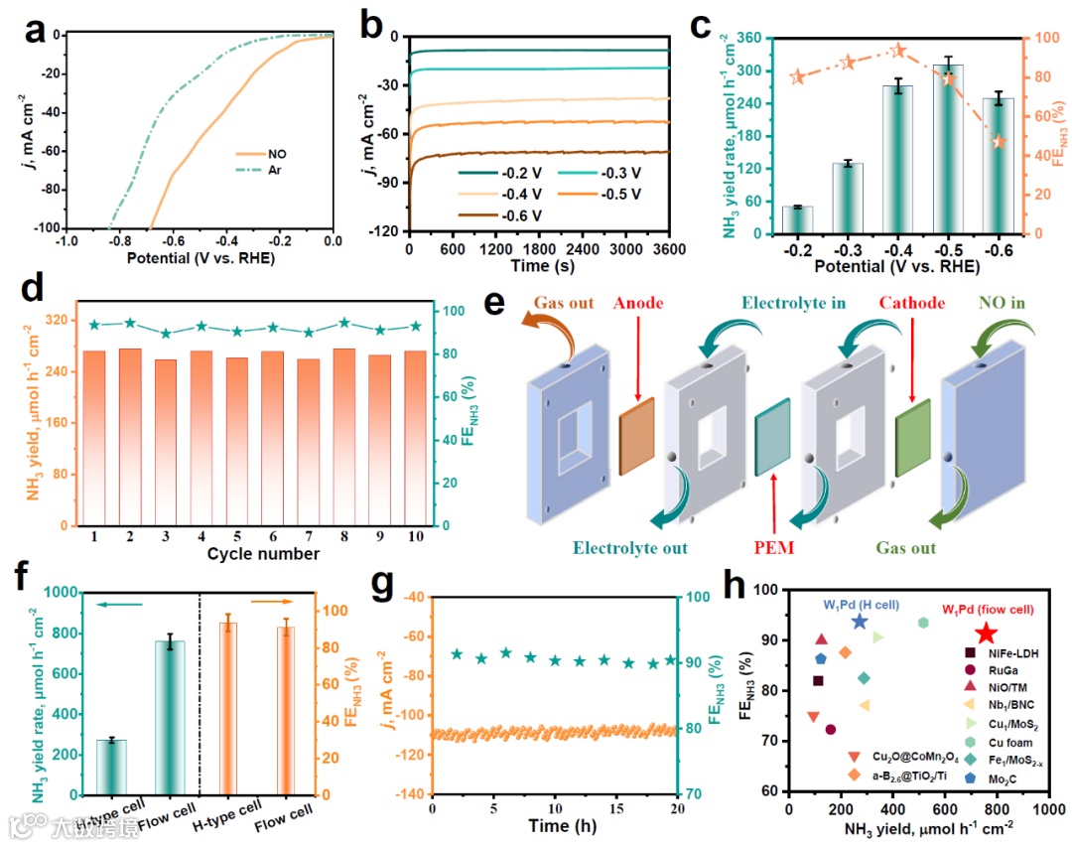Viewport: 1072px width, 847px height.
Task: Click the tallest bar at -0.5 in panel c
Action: point(948,149)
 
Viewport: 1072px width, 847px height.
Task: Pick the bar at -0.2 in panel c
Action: point(797,219)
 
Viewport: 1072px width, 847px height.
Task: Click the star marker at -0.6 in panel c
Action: point(999,142)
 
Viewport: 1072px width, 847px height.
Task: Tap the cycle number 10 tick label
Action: point(415,536)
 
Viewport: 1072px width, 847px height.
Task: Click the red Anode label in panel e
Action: point(637,304)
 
